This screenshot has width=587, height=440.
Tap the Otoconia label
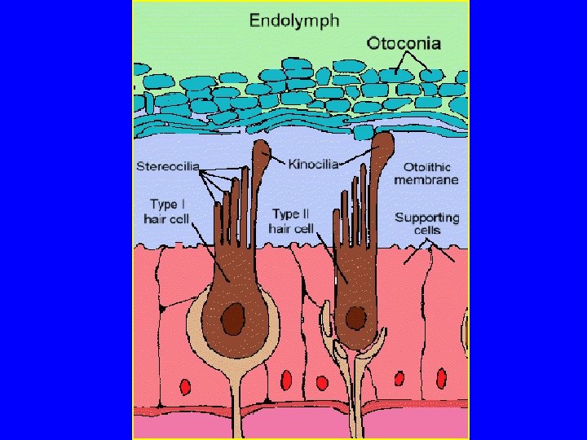[404, 42]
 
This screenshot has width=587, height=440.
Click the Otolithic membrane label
[426, 174]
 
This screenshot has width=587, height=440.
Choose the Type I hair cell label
[166, 211]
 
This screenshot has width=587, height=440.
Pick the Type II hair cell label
[291, 220]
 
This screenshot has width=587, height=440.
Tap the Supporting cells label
[426, 223]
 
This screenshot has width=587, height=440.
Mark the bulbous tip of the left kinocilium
[262, 151]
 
